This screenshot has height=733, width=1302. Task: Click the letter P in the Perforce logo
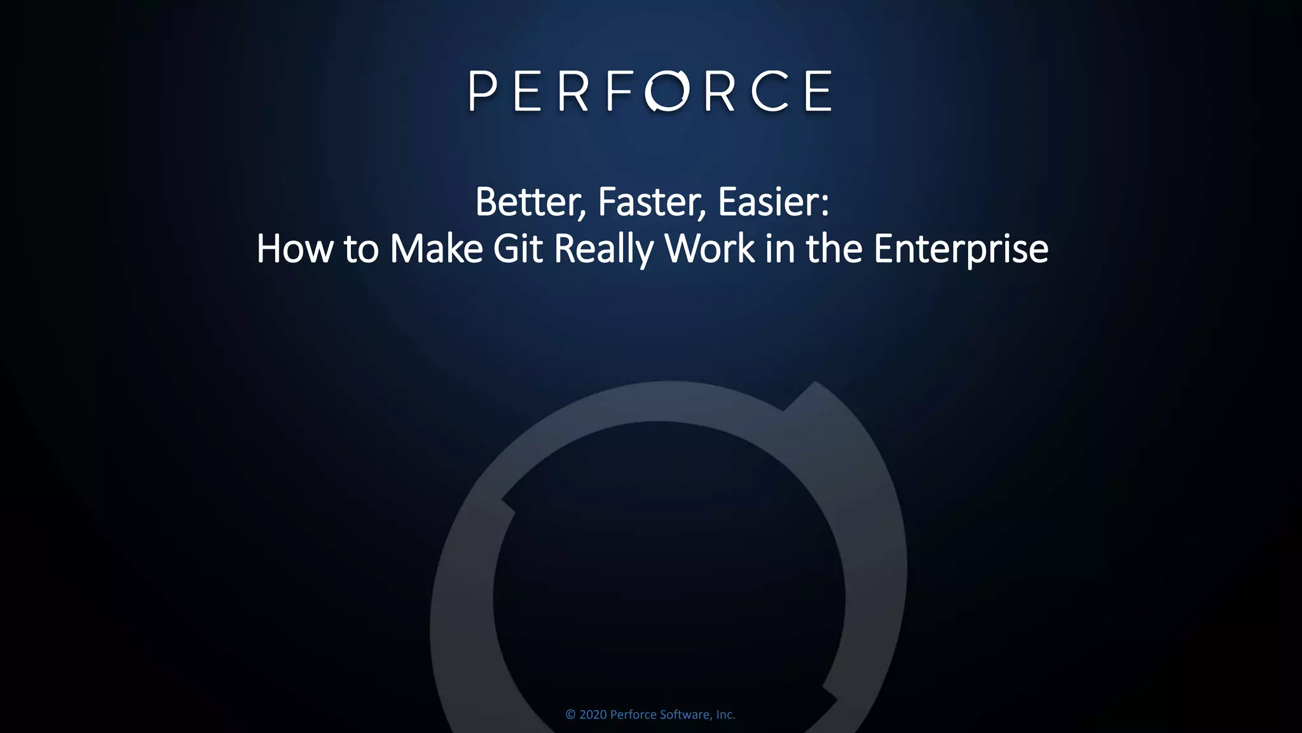[483, 91]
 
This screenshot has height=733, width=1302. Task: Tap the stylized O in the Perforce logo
[667, 91]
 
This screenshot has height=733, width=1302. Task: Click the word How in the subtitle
[294, 249]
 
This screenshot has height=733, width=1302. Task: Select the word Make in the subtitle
[436, 249]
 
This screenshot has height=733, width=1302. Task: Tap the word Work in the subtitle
[709, 249]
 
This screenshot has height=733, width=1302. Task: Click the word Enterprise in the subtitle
[961, 249]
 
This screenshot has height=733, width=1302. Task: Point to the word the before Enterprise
[834, 249]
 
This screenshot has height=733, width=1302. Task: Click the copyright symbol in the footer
[570, 715]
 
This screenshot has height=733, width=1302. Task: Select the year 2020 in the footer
[593, 715]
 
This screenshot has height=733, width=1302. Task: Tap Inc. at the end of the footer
[725, 715]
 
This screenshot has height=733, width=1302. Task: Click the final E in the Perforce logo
[819, 91]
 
